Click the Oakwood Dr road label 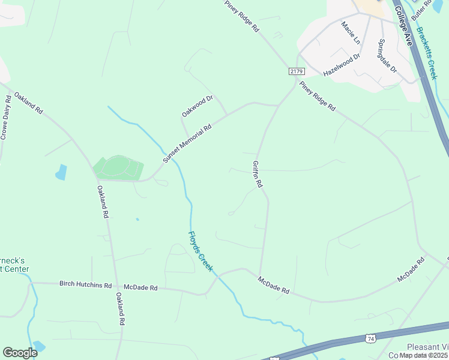197,106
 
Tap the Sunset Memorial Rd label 188,144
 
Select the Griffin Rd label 257,175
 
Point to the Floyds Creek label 200,251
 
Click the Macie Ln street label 351,33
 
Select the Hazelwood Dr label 341,65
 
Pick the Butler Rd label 422,8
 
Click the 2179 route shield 296,71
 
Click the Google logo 20,353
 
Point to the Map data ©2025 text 424,355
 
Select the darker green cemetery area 118,167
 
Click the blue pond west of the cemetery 61,172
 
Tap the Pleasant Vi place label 427,347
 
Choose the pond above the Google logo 38,346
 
